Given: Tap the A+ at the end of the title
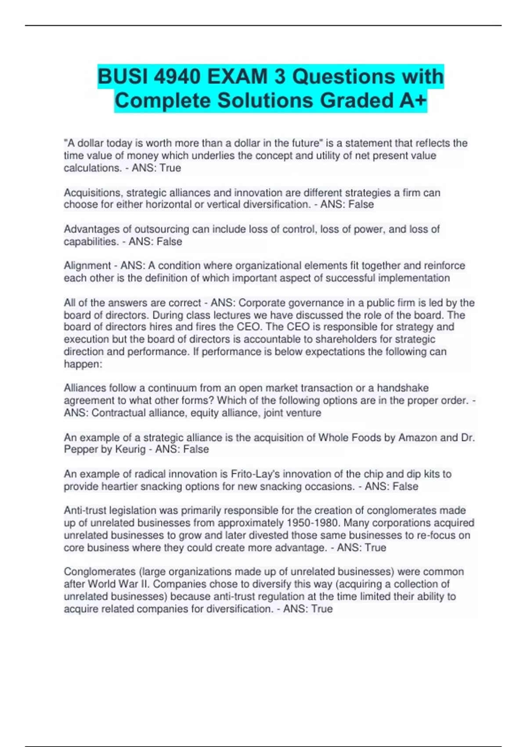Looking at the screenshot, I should point(413,100).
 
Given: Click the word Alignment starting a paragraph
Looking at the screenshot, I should point(87,265).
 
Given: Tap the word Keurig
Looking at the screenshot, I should point(130,449).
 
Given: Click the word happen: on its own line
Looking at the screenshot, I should point(83,364).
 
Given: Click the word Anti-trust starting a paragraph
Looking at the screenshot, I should point(85,511).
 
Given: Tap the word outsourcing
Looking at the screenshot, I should point(161,229).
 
